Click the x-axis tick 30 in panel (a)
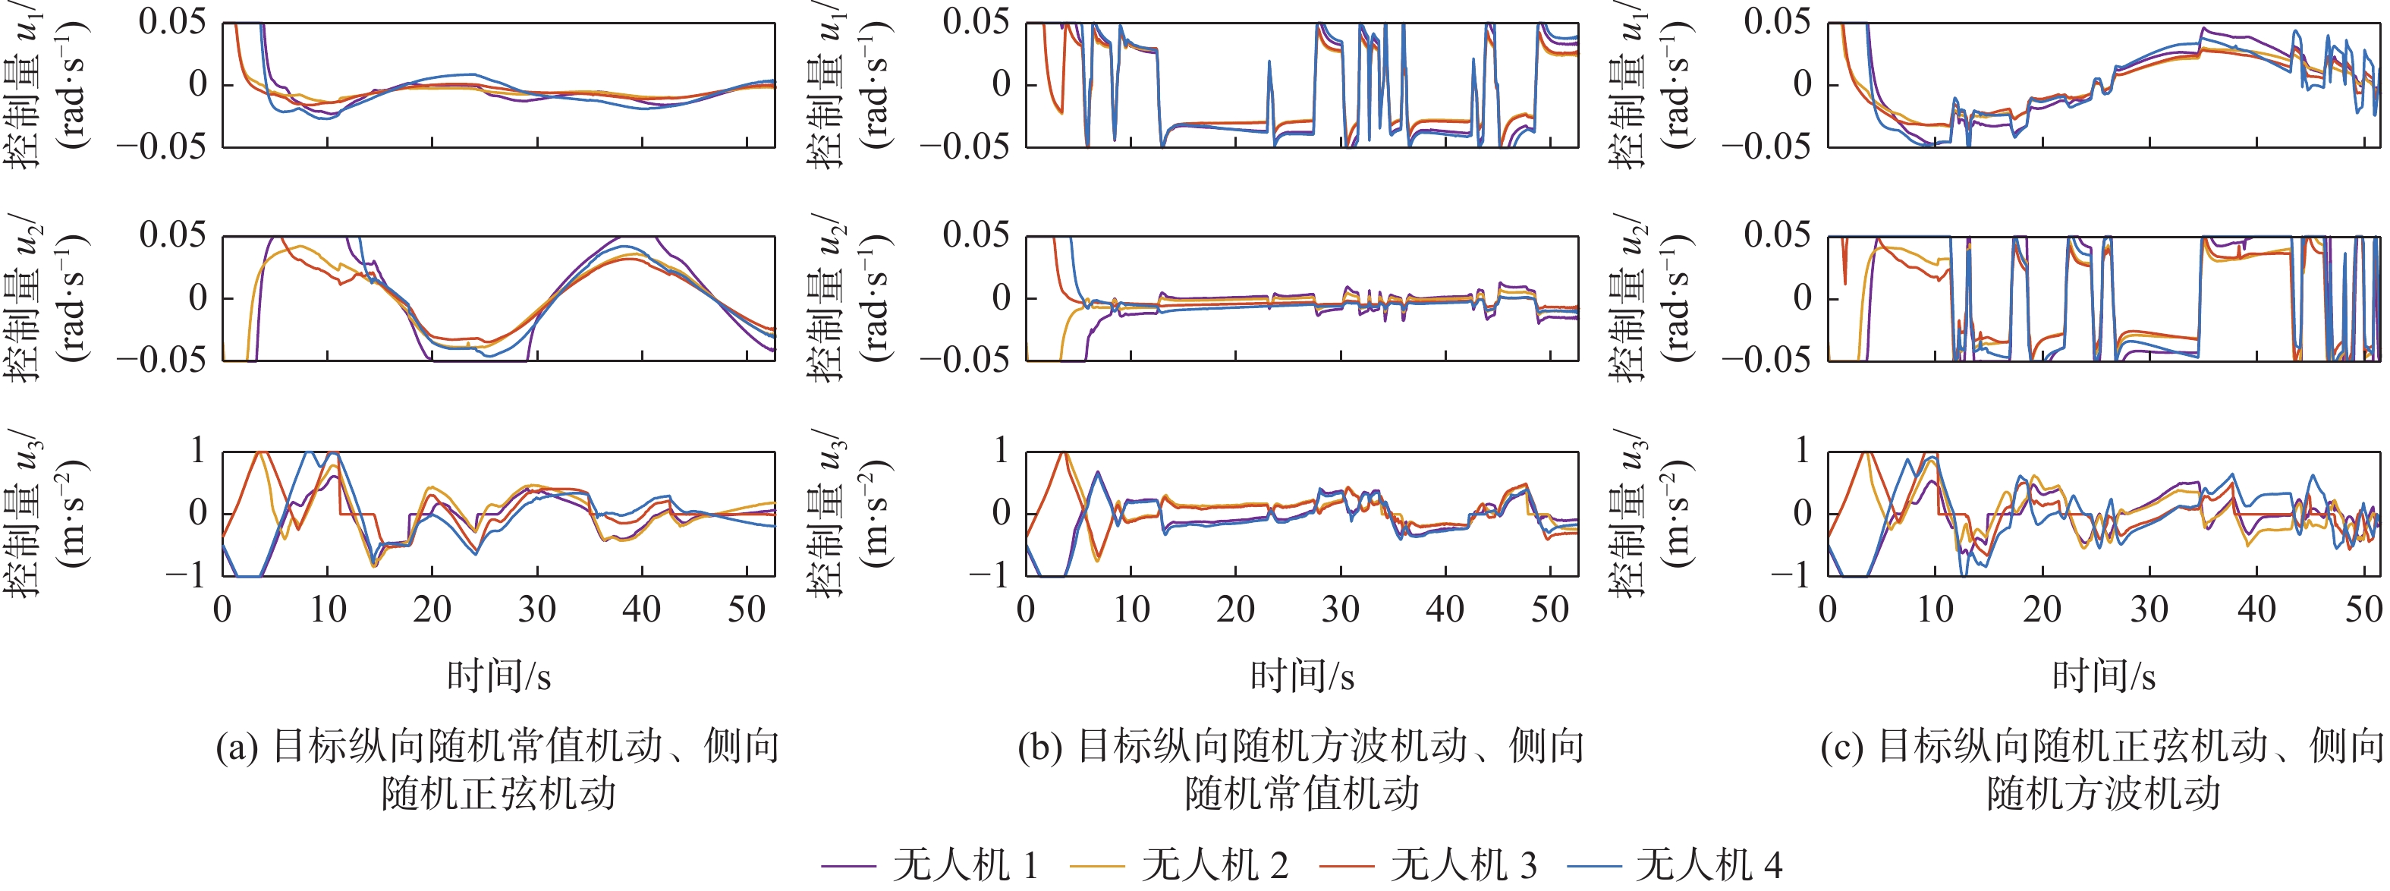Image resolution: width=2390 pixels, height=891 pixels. pos(536,609)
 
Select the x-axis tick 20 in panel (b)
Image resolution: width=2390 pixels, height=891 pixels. pos(1235,609)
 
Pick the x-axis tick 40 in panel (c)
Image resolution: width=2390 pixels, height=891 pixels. pos(2256,609)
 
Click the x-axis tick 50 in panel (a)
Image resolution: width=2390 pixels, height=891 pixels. pos(746,609)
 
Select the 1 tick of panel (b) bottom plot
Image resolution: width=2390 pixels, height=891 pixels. pos(1000,451)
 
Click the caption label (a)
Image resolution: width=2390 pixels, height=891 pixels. pos(237,746)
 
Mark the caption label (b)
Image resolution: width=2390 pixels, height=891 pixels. pos(1040,746)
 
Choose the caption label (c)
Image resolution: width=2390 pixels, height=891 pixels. pos(1841,746)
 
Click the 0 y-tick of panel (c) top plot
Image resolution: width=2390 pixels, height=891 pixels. pos(1802,84)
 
